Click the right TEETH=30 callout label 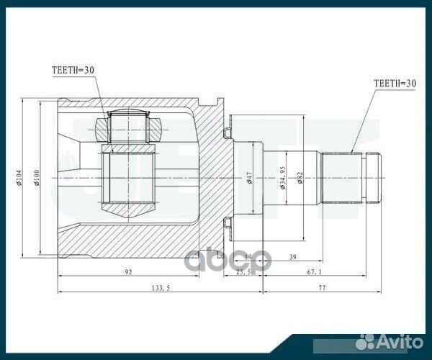click(x=396, y=84)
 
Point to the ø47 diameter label click(x=248, y=178)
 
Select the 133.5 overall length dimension click(x=159, y=288)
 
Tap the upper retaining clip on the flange click(x=228, y=132)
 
